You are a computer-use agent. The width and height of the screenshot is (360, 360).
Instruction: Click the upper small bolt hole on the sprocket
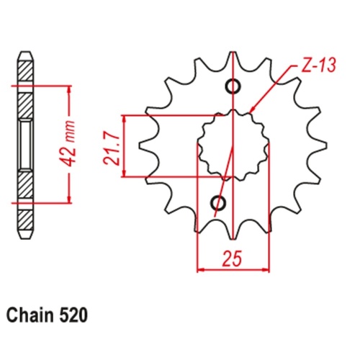(233, 87)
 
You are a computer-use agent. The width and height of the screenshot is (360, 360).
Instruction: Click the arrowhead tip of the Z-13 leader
(250, 113)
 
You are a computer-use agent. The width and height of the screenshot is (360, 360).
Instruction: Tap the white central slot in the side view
(25, 144)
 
